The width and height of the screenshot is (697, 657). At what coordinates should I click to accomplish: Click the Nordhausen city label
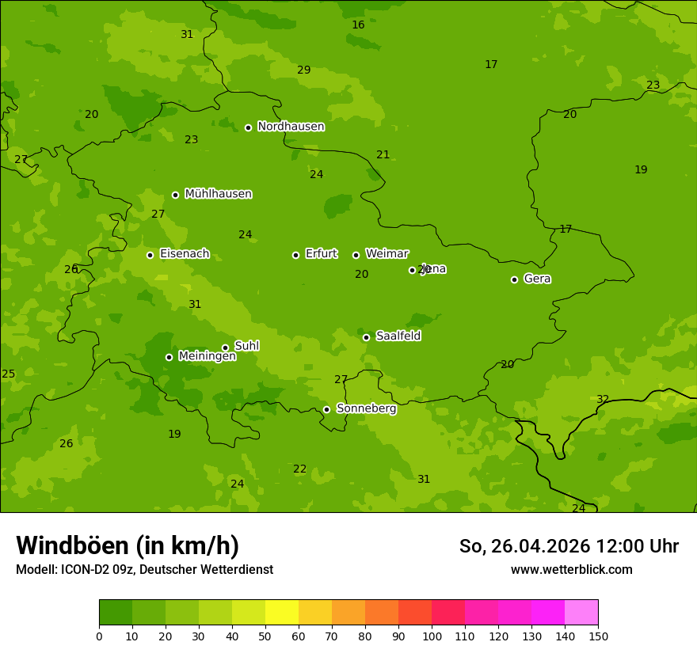point(291,127)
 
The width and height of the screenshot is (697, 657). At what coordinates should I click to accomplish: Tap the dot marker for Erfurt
point(295,255)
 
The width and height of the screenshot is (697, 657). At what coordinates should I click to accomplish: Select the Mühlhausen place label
point(218,194)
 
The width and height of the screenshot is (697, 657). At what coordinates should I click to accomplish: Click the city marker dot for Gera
point(514,279)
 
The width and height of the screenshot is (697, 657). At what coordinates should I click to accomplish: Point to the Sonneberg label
point(366,408)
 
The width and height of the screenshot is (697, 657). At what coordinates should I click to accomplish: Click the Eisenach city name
point(185,254)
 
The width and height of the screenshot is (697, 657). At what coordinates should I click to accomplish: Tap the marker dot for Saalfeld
point(366,337)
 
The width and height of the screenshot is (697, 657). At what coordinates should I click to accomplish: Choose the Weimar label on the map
point(387,254)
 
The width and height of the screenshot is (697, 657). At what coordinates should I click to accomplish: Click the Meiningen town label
point(207,356)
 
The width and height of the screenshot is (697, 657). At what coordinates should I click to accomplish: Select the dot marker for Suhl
point(225,347)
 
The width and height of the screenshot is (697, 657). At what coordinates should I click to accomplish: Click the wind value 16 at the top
point(358,25)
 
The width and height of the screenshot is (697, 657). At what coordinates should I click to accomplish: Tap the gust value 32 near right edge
point(603,400)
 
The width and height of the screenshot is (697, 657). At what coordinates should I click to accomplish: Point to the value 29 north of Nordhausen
point(303,70)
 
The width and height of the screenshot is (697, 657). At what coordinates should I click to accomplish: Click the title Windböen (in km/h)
point(128,545)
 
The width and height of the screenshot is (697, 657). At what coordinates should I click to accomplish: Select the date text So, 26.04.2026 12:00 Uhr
point(569,546)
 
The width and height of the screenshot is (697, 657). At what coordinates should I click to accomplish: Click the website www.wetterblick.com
point(571,570)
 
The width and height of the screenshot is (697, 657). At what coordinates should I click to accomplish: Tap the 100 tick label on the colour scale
point(432,636)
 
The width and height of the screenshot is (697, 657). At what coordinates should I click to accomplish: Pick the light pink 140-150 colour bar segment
point(581,613)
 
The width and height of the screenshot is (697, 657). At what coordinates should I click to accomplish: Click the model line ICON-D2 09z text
point(144,570)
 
